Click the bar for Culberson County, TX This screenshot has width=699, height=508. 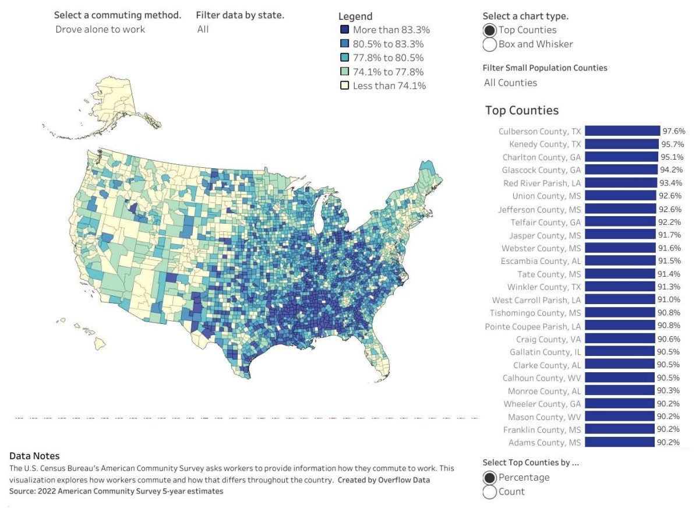pos(622,131)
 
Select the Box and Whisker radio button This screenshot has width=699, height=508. pos(490,44)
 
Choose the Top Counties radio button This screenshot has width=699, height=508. pos(490,30)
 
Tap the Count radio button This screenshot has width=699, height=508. pos(490,492)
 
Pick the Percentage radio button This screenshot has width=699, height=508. pos(490,478)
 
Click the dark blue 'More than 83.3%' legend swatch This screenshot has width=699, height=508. pos(344,30)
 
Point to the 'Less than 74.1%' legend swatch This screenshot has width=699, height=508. pos(344,86)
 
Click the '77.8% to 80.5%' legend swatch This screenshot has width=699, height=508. pos(344,58)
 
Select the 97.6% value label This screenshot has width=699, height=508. pos(674,131)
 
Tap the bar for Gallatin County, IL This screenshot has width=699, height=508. pos(620,352)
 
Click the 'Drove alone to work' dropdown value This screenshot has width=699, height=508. pos(100,29)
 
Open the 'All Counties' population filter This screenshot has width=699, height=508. pos(510,83)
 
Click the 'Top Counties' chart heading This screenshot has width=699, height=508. pos(521,111)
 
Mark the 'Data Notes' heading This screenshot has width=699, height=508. pos(34,456)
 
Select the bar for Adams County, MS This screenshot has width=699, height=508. pos(620,442)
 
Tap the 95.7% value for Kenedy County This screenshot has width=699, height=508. pos(673,144)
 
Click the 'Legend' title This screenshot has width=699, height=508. pos(355,16)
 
